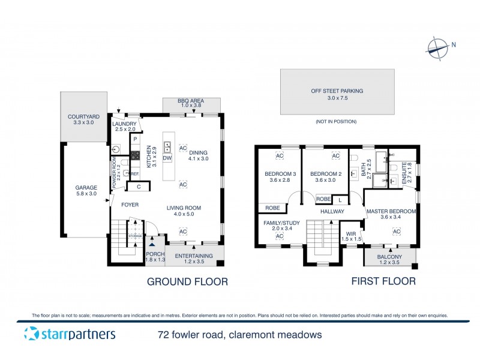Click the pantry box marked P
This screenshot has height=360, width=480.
(136, 139)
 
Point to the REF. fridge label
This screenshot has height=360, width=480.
(135, 174)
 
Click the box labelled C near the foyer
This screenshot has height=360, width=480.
(139, 187)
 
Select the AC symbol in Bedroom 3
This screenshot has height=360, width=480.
(279, 156)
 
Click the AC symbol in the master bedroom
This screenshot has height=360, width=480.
(396, 232)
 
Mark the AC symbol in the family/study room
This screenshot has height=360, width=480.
(279, 236)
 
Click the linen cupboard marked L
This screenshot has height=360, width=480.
(340, 199)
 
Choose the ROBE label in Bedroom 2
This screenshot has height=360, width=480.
(323, 199)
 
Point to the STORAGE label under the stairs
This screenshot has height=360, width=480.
(135, 236)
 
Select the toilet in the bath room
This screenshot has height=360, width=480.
(354, 158)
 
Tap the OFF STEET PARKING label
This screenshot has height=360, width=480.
(337, 91)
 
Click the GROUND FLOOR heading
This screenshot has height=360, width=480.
(187, 281)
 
